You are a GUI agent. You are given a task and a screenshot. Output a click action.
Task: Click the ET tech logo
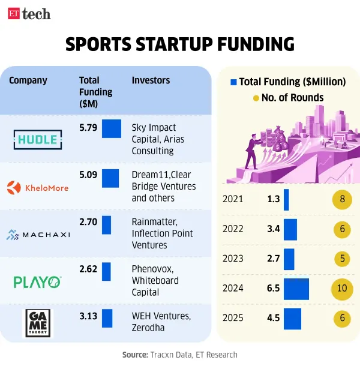(x=29, y=14)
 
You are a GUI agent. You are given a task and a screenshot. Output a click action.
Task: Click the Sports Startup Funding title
(x=180, y=44)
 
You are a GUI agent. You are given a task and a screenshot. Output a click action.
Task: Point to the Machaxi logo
(x=39, y=234)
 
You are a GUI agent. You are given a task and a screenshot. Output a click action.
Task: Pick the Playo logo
(x=38, y=281)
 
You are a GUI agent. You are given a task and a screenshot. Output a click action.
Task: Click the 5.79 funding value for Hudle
(x=88, y=128)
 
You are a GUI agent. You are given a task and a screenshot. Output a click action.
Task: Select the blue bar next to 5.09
(x=110, y=178)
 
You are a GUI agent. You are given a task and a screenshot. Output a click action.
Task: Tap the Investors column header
(x=151, y=80)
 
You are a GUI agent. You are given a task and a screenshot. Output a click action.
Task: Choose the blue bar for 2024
(x=296, y=289)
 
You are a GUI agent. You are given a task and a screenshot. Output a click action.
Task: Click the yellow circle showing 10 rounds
(x=342, y=289)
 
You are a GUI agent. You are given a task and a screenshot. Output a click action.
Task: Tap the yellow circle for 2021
(x=342, y=199)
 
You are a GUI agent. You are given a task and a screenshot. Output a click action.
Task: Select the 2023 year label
(x=233, y=259)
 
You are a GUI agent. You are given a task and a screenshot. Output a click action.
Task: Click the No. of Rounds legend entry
(x=288, y=98)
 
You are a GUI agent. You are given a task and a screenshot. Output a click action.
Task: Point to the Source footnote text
(x=180, y=355)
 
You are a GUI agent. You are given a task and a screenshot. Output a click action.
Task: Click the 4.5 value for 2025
(x=274, y=318)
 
